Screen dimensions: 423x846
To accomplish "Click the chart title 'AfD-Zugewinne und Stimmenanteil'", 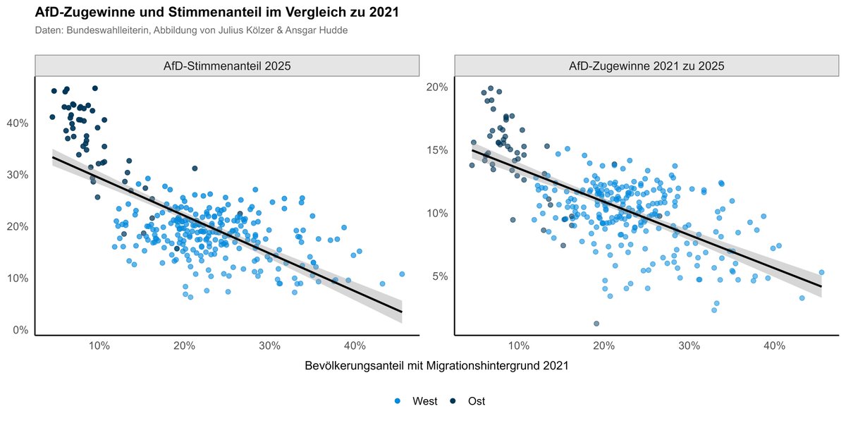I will click(216, 12).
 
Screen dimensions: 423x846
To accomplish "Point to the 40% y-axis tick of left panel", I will click(18, 123).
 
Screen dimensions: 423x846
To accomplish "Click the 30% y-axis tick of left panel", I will click(18, 175).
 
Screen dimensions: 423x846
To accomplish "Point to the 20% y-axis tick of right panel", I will click(437, 87).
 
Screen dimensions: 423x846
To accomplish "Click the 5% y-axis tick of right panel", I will click(440, 276).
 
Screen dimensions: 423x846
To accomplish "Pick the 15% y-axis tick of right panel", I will click(437, 150).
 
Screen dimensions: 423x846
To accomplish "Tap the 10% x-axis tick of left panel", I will click(99, 346).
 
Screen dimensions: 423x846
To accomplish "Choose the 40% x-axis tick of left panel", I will click(355, 346).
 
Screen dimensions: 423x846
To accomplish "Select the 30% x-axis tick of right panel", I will click(689, 346).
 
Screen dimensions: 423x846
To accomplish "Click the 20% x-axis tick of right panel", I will click(603, 346).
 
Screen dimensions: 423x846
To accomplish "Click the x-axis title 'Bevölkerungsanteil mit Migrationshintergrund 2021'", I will click(436, 367).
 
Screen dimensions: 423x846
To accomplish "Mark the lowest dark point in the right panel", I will click(596, 324).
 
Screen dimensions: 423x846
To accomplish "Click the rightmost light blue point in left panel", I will click(402, 274).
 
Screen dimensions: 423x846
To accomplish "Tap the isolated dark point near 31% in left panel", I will click(195, 168).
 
